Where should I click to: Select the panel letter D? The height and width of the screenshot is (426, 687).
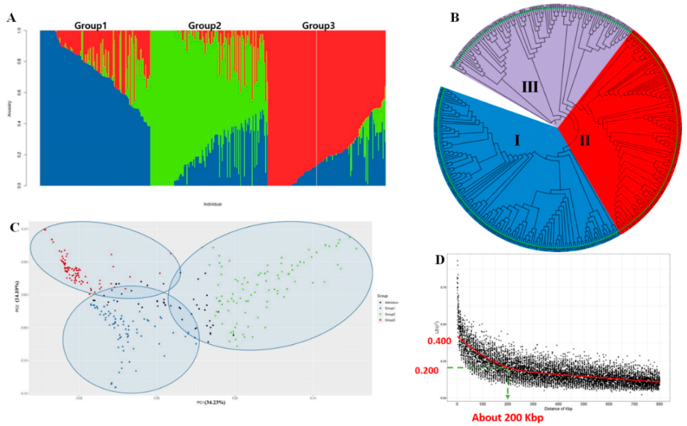[x=440, y=260]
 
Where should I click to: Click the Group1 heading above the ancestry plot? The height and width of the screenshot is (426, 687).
[x=90, y=26]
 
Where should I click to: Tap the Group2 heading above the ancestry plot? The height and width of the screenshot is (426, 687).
[x=205, y=26]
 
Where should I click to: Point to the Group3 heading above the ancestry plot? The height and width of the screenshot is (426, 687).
[x=318, y=26]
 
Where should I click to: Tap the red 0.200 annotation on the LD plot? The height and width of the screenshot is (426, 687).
[x=427, y=371]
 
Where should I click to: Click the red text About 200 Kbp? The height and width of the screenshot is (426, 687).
[x=507, y=417]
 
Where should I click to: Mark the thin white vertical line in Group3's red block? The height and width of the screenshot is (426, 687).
[x=317, y=107]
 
